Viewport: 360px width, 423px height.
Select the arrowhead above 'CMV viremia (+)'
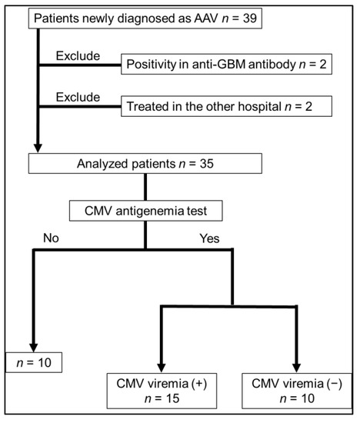tap(161, 365)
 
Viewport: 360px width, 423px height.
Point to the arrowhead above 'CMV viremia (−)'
tap(295, 365)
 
